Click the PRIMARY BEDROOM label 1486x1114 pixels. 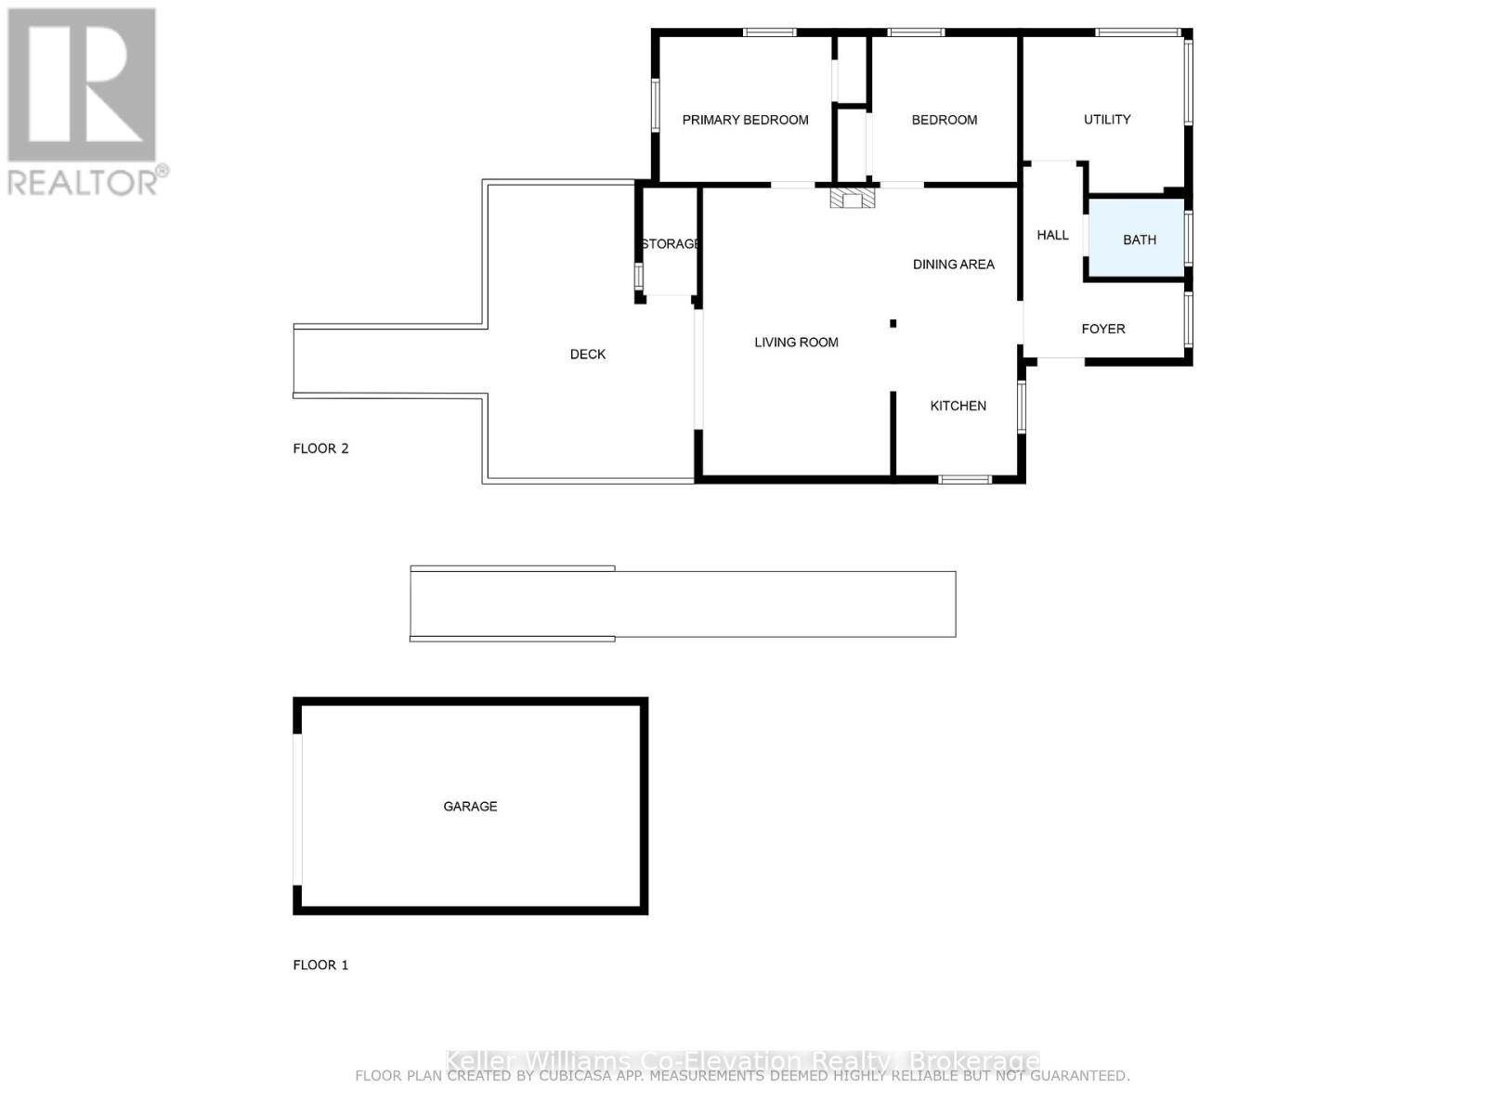click(x=745, y=120)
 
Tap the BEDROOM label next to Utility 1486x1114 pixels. click(x=944, y=120)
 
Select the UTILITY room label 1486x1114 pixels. click(x=1107, y=120)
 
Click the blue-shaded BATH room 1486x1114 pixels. click(x=1137, y=239)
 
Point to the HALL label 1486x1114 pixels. click(x=1052, y=235)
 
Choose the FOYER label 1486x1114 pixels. click(x=1102, y=329)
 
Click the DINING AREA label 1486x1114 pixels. click(x=953, y=265)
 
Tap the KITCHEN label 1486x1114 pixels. click(x=958, y=406)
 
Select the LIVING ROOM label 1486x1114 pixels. click(x=796, y=343)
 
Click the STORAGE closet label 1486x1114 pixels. click(x=670, y=244)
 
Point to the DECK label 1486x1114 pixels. click(x=587, y=354)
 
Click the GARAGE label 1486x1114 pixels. click(x=470, y=806)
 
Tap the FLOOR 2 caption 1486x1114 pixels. click(x=320, y=448)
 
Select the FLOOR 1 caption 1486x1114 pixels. click(x=320, y=965)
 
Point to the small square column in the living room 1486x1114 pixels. click(x=893, y=323)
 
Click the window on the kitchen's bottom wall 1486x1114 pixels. click(x=964, y=479)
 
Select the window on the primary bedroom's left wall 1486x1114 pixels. click(x=655, y=103)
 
